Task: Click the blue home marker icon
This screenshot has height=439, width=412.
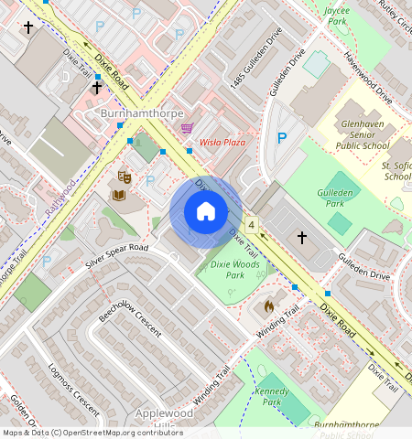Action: pos(206,212)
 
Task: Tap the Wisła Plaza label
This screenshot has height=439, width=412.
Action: pos(223,144)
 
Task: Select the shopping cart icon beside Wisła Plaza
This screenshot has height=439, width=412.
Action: pos(187,128)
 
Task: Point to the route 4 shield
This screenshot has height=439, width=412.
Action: pos(251,224)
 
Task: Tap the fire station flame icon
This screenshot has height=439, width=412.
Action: pos(269,305)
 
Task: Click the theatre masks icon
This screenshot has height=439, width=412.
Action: pos(125,177)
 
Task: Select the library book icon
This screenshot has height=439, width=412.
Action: pos(119,194)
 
